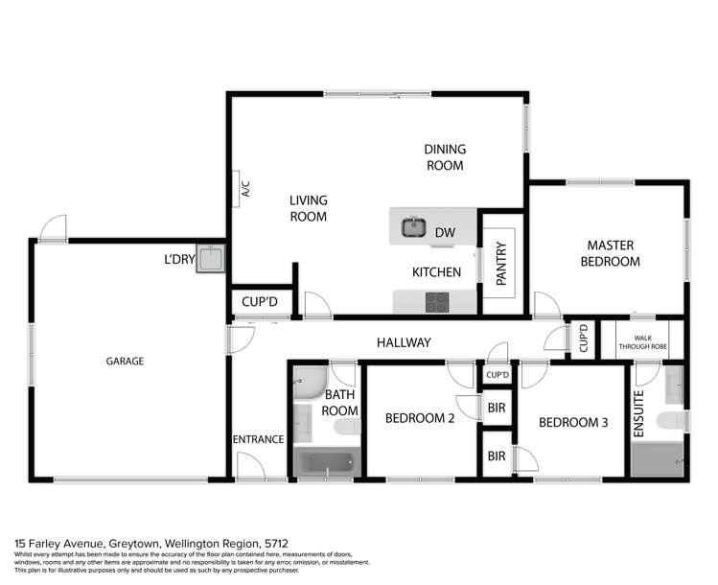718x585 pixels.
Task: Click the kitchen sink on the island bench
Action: pyautogui.click(x=413, y=228)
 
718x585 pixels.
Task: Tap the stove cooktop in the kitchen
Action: pyautogui.click(x=437, y=301)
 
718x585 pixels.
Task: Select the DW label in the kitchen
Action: pyautogui.click(x=445, y=232)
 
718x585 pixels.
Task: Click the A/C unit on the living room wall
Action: pyautogui.click(x=244, y=189)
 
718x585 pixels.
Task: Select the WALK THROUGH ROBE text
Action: pyautogui.click(x=641, y=341)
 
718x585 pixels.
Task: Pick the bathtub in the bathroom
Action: pyautogui.click(x=325, y=464)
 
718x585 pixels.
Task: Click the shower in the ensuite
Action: pyautogui.click(x=658, y=459)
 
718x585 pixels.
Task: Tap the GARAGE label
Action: pyautogui.click(x=125, y=362)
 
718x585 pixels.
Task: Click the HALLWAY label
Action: pyautogui.click(x=403, y=342)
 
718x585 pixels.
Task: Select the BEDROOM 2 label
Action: pyautogui.click(x=419, y=417)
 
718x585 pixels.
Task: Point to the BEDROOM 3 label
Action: pyautogui.click(x=572, y=422)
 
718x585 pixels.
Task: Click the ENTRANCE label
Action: pyautogui.click(x=258, y=439)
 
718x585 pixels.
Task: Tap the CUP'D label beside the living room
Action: pyautogui.click(x=259, y=302)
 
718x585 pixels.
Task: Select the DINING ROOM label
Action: pyautogui.click(x=445, y=157)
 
